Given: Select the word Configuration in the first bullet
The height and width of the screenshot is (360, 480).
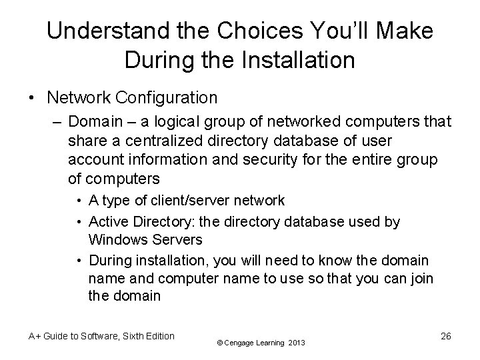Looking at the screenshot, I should pos(165,98).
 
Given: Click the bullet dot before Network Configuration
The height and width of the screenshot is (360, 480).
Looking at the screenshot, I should pos(33,98).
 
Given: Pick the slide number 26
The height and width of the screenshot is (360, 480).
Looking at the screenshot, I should pos(445,336).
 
